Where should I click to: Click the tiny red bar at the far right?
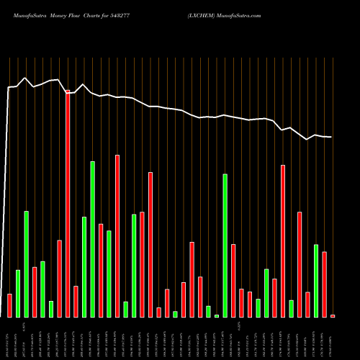pyautogui.click(x=333, y=315)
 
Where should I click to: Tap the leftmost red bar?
pyautogui.click(x=9, y=305)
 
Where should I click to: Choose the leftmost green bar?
pyautogui.click(x=18, y=293)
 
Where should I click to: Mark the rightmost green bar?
pyautogui.click(x=316, y=281)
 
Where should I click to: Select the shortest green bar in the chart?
pyautogui.click(x=217, y=315)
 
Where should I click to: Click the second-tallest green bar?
pyautogui.click(x=225, y=246)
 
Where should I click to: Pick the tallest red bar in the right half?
pyautogui.click(x=283, y=241)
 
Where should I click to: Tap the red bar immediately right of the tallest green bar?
pyautogui.click(x=101, y=270)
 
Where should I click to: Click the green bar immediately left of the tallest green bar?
pyautogui.click(x=84, y=266)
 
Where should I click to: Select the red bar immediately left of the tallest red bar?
pyautogui.click(x=60, y=279)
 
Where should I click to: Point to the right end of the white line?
pyautogui.click(x=331, y=137)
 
